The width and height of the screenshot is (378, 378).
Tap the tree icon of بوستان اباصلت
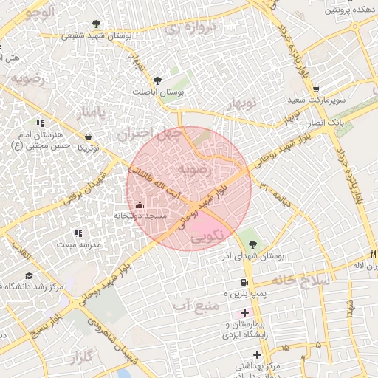tap(157, 80)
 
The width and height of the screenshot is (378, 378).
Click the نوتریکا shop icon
tap(89, 137)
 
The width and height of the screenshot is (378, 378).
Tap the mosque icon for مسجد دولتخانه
tap(140, 204)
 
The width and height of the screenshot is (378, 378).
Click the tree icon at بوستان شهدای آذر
tap(253, 244)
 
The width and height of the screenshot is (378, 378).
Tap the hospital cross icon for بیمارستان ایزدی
tap(245, 313)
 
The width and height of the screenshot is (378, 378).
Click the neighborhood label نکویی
tap(206, 238)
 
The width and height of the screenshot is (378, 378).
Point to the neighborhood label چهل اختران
tap(148, 134)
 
